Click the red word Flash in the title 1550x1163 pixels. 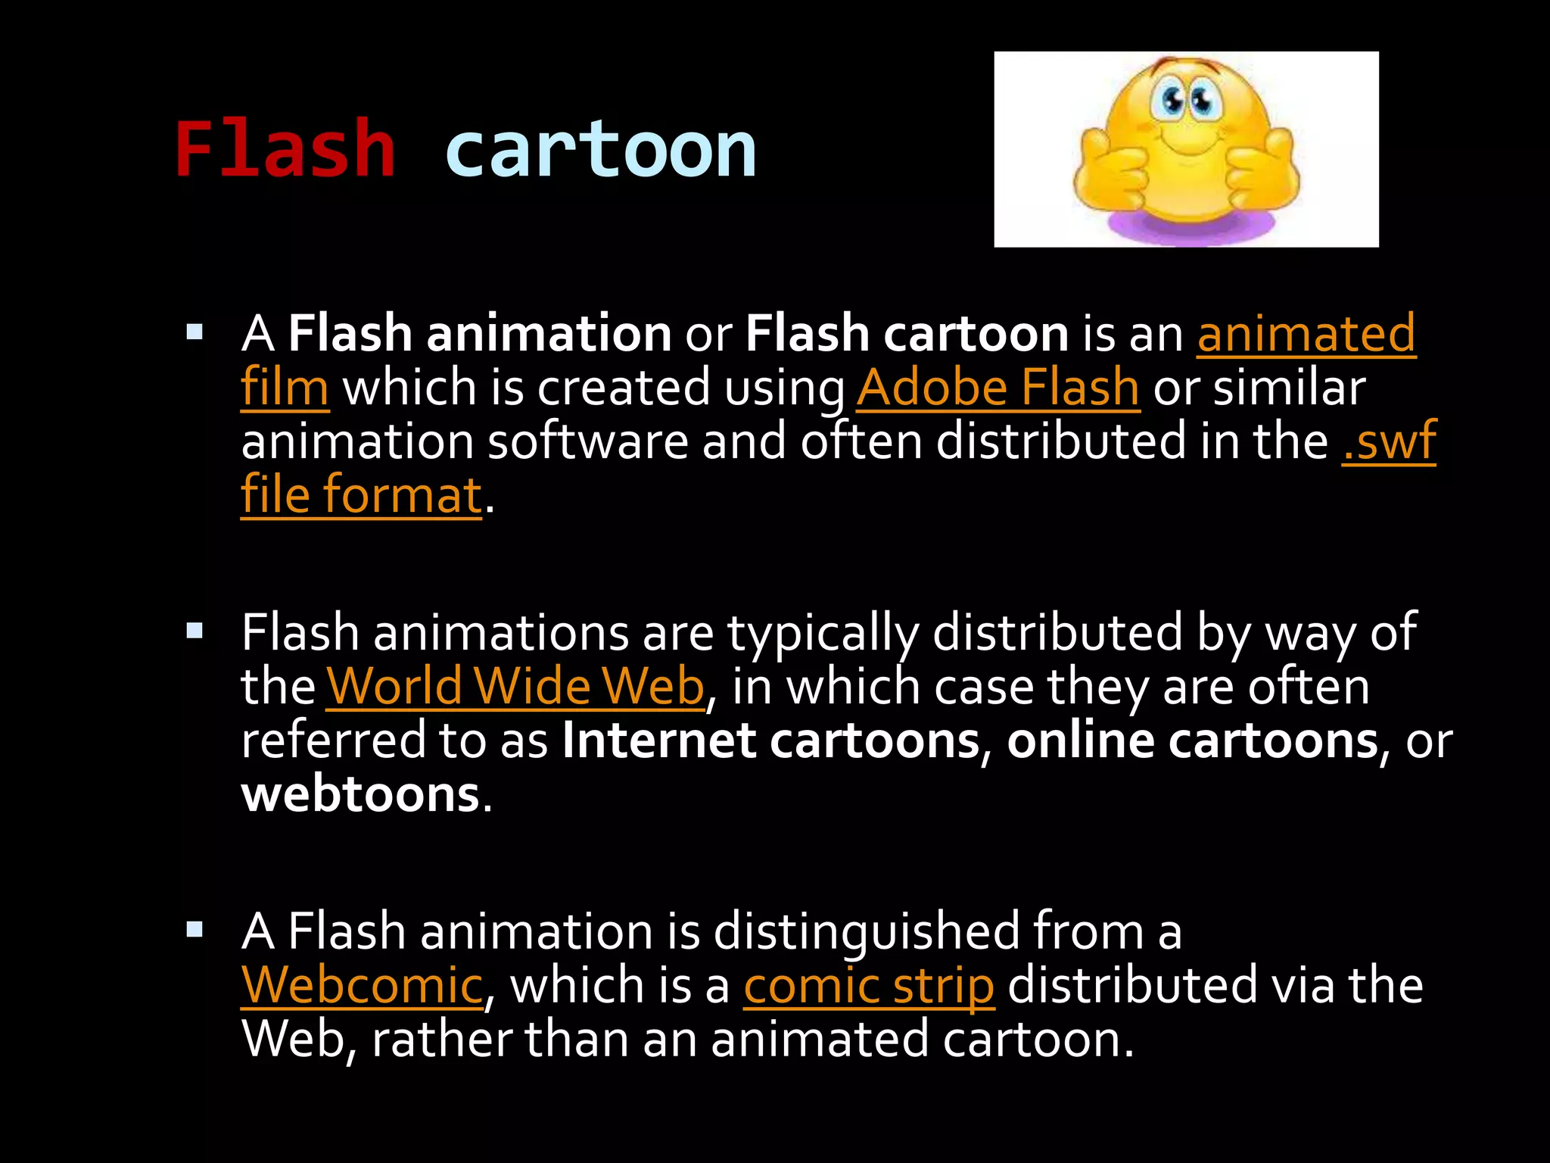click(285, 150)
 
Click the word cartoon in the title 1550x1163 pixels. click(600, 150)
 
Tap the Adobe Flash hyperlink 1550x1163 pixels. click(998, 388)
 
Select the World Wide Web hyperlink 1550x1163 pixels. click(515, 687)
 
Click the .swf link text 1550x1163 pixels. click(1388, 441)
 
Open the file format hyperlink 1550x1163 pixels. click(362, 495)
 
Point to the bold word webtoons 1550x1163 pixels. click(360, 794)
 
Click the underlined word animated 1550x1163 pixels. click(1306, 333)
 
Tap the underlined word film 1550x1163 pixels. click(285, 388)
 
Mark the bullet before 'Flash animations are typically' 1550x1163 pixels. click(195, 630)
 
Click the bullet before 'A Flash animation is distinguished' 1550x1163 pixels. click(195, 929)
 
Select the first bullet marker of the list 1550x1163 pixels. click(195, 332)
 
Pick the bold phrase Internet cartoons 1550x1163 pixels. click(770, 741)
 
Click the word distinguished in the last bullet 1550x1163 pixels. click(866, 931)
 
